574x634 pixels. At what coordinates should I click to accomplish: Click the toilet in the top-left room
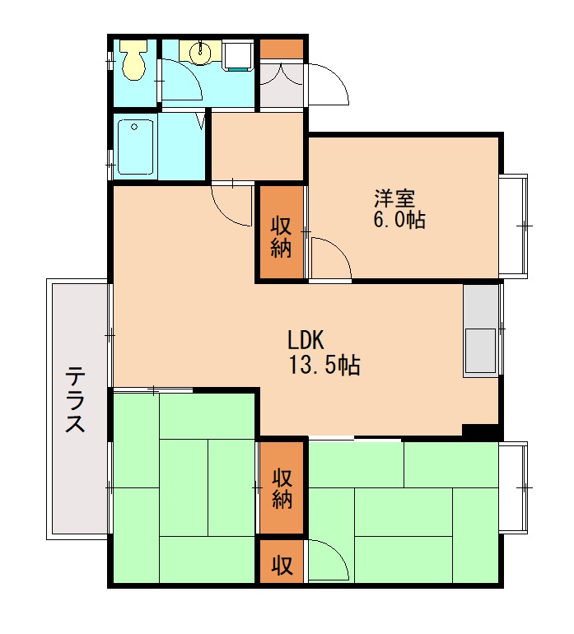(134, 60)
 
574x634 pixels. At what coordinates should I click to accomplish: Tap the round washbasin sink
(201, 51)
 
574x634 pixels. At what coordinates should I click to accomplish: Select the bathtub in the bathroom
(135, 147)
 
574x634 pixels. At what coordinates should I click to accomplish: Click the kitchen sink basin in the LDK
(480, 350)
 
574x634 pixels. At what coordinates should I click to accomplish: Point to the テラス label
(75, 399)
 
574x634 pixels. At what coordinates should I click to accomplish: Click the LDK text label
(306, 340)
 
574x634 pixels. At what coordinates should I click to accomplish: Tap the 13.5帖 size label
(324, 365)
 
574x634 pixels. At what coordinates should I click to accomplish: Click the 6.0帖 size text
(399, 220)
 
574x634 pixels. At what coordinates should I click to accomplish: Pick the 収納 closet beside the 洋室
(281, 232)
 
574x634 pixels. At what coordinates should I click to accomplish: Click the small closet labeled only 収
(282, 562)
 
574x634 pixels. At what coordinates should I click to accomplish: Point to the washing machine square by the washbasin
(238, 55)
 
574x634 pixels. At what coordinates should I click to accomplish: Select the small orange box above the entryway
(282, 49)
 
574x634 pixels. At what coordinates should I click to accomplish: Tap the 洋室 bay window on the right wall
(513, 226)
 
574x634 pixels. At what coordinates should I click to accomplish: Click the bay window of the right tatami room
(513, 487)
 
